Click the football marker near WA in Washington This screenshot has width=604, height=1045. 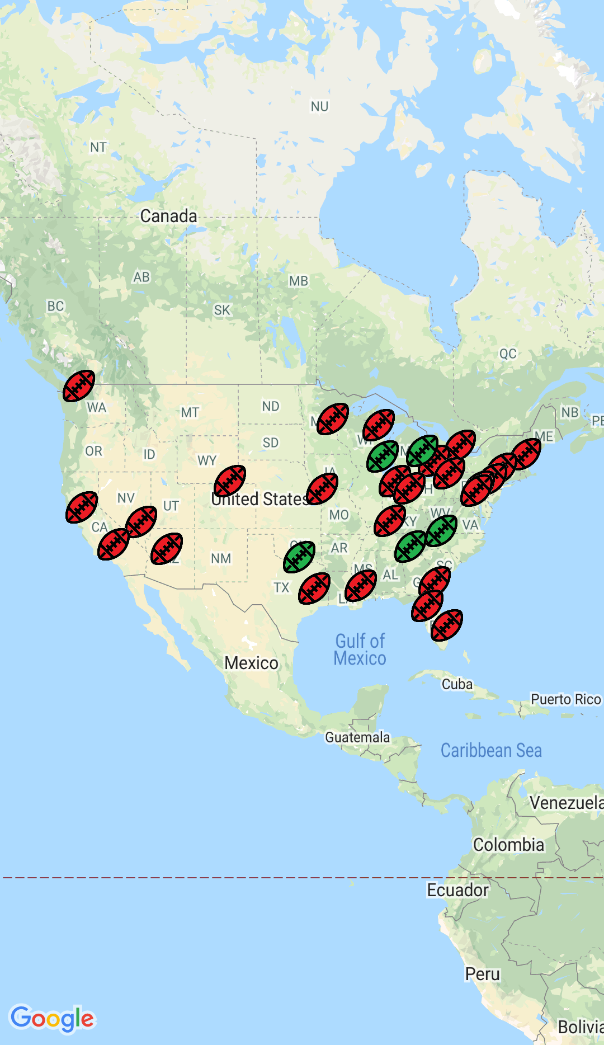tap(79, 386)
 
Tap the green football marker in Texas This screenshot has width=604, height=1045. tap(299, 557)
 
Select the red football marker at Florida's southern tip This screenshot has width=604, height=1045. tap(447, 625)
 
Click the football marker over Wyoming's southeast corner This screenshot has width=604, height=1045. tap(230, 481)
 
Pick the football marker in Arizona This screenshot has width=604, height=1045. tap(167, 549)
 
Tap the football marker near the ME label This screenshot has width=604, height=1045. tap(526, 454)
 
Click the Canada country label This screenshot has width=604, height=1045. tap(168, 216)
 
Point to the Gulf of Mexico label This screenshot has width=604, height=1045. tap(360, 649)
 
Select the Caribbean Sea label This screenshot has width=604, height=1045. tap(491, 750)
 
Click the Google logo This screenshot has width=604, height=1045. tap(53, 1019)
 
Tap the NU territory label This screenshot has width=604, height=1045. tap(320, 106)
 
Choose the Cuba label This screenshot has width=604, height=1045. tap(457, 684)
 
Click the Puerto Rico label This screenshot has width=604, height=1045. tap(565, 699)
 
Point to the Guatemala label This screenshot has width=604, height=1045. tap(357, 737)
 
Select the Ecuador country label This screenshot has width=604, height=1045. tap(457, 890)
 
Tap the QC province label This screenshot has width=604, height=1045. tap(508, 354)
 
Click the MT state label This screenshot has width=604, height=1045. tap(190, 413)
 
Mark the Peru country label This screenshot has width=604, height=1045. tap(483, 974)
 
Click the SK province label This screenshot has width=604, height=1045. tap(222, 310)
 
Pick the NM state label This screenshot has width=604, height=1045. tap(221, 558)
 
